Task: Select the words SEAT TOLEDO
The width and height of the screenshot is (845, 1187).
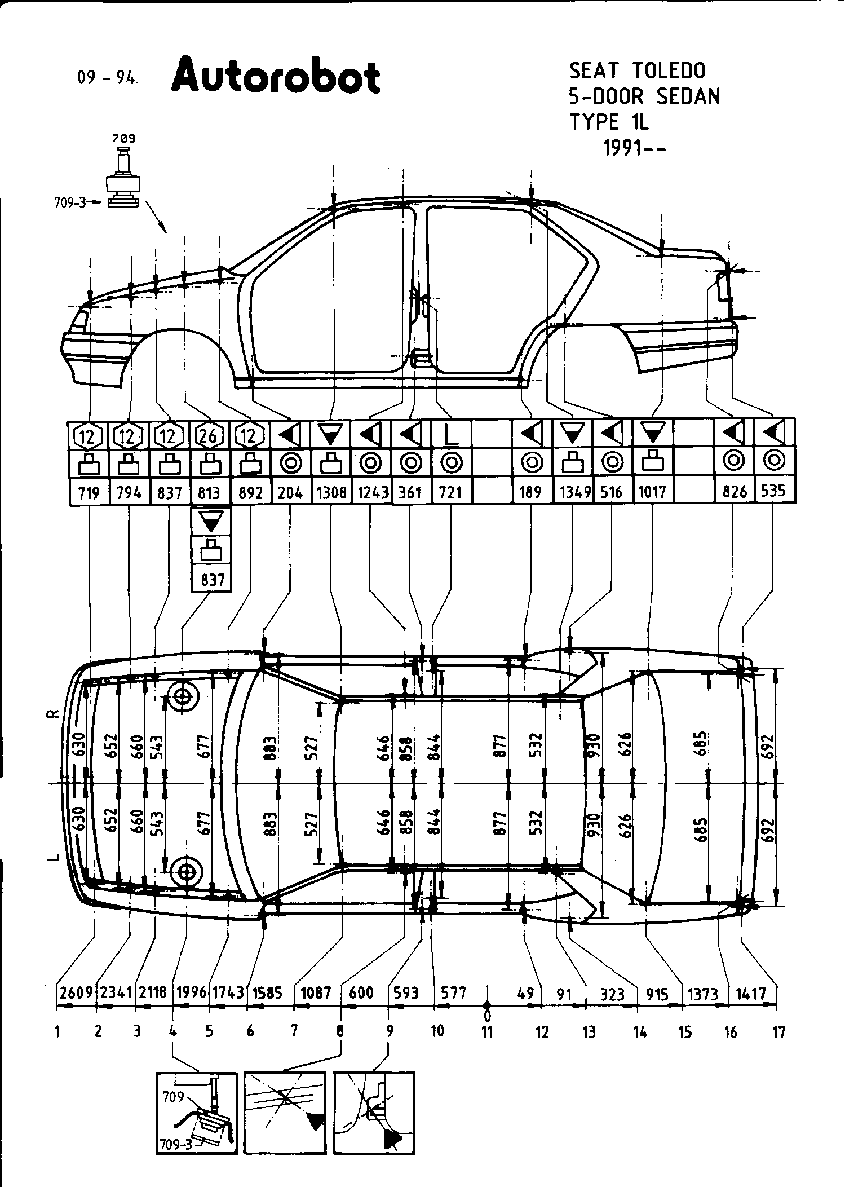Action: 636,71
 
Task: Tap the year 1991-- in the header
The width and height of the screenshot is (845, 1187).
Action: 635,148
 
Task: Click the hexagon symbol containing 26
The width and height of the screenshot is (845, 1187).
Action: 210,435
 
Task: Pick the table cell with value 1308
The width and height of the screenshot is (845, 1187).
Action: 331,492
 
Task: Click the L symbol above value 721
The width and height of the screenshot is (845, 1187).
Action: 449,435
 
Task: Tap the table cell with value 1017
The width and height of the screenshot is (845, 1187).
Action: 652,492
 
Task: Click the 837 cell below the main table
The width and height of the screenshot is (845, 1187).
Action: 212,579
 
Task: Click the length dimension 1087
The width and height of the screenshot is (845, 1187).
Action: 316,992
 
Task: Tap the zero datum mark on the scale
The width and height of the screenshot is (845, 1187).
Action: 487,1005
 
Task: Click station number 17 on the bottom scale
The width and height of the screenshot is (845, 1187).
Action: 778,1032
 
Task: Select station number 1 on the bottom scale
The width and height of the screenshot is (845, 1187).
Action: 57,1032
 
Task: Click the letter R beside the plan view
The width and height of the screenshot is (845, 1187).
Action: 52,714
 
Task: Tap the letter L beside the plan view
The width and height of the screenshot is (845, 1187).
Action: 52,858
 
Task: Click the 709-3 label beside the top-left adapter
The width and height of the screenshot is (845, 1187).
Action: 70,202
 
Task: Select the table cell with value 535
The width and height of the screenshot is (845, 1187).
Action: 773,491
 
